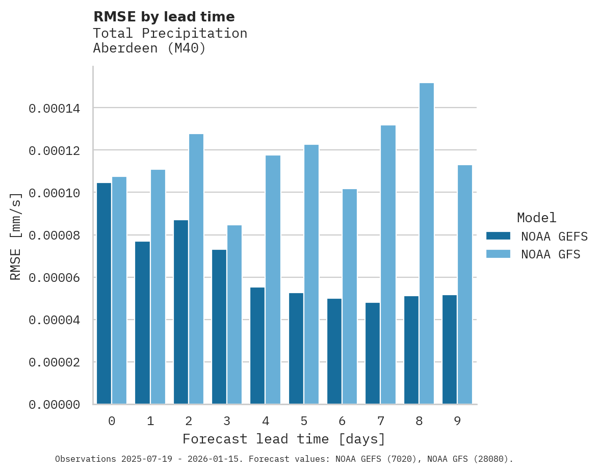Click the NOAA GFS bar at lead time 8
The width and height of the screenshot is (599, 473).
click(427, 244)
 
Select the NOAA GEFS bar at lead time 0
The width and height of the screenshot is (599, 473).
click(104, 293)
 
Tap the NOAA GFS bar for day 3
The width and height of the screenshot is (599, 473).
click(235, 314)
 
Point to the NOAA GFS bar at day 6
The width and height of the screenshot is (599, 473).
click(350, 297)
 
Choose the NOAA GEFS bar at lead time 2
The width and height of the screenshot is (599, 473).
click(181, 312)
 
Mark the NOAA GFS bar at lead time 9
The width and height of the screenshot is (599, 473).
click(465, 284)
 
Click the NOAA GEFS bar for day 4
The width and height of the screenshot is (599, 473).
click(257, 346)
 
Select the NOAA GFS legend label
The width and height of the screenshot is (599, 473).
click(551, 254)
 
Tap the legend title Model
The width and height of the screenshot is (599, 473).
click(536, 218)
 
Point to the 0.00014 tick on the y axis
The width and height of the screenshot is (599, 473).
click(54, 109)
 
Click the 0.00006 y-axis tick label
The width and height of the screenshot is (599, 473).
click(54, 278)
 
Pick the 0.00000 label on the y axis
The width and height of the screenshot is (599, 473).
click(54, 405)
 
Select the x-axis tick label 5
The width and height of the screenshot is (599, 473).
click(304, 421)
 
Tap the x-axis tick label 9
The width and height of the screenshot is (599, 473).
click(457, 421)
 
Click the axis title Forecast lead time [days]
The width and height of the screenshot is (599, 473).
click(284, 439)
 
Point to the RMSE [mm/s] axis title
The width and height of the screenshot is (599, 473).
click(16, 236)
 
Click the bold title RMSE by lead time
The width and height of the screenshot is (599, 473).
click(164, 17)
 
